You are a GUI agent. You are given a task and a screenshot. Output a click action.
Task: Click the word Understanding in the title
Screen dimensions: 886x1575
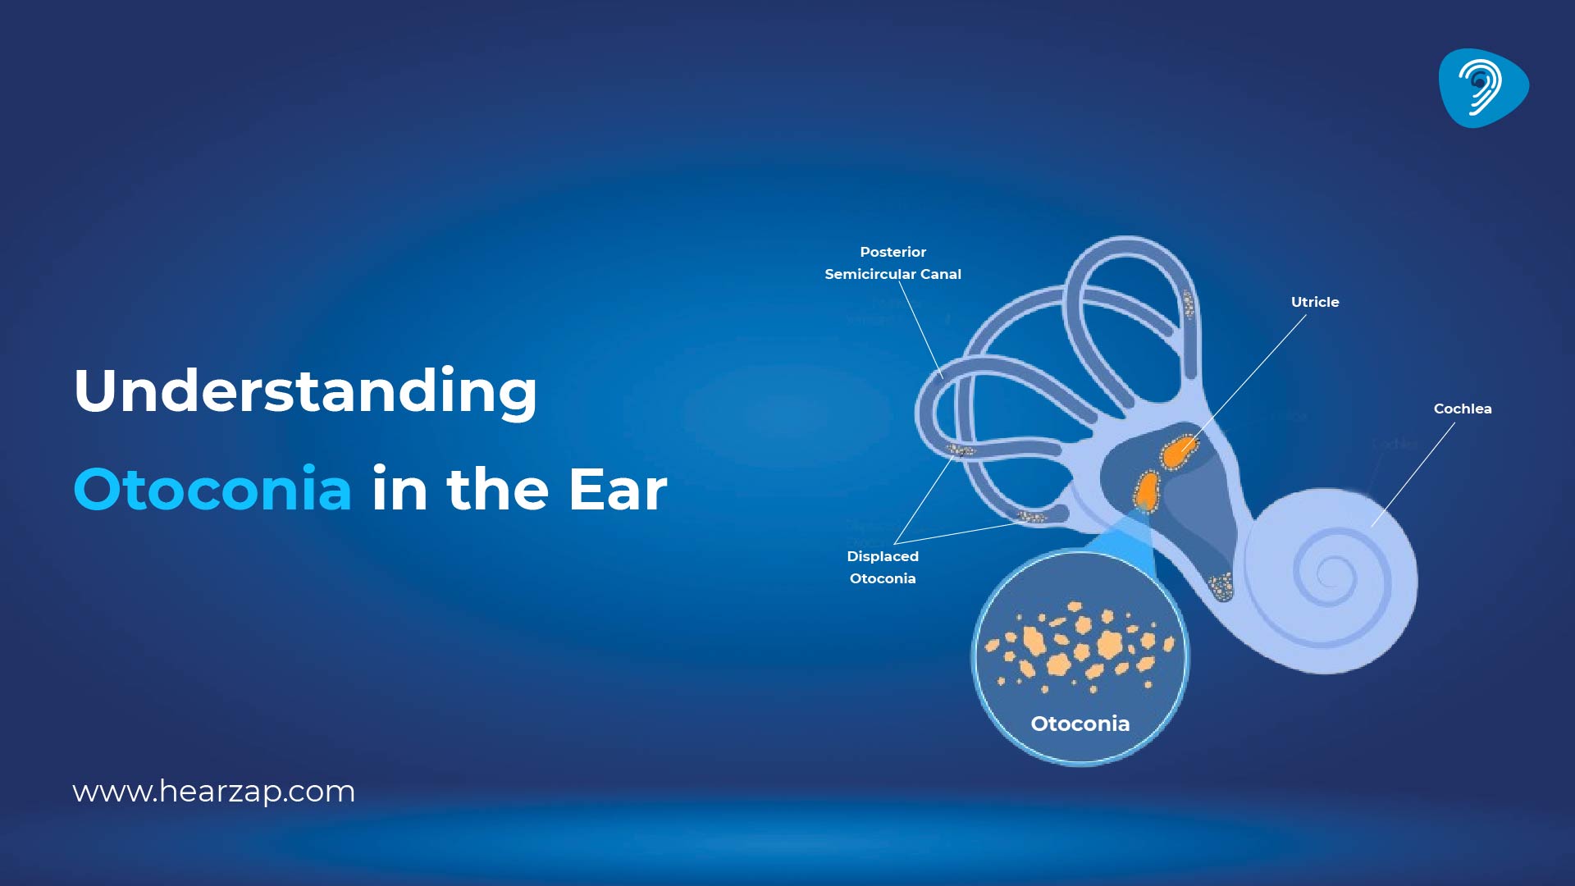coord(305,392)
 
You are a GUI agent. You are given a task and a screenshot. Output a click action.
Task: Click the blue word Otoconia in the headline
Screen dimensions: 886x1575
coord(212,490)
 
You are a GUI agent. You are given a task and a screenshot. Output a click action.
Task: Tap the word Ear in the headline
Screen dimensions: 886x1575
coord(618,490)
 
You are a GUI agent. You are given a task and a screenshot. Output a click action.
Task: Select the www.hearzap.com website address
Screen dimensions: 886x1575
coord(213,792)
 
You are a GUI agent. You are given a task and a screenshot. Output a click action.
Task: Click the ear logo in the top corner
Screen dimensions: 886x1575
coord(1482,87)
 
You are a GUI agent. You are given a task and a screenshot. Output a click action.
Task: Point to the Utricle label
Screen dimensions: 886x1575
coord(1314,302)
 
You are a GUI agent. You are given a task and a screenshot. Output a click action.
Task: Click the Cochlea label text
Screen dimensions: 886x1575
coord(1462,409)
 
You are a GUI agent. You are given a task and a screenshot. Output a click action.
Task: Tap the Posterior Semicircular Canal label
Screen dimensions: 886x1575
coord(892,263)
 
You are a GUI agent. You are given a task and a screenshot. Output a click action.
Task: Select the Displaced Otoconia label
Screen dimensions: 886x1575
coord(883,567)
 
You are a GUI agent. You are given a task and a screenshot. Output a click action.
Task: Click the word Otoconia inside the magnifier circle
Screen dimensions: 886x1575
coord(1080,724)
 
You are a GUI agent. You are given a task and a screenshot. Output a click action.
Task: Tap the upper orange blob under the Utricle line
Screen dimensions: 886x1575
coord(1179,450)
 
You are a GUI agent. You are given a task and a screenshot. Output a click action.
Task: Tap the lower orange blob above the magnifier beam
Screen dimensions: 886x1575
coord(1146,490)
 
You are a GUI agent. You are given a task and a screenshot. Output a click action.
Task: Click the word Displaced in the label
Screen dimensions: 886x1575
coord(883,556)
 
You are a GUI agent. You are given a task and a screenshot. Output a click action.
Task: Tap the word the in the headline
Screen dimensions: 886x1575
coord(497,490)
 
